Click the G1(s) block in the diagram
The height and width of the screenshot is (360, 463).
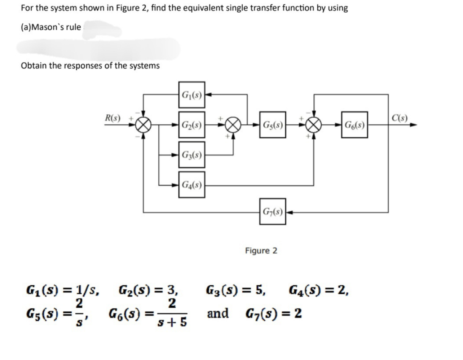(x=191, y=95)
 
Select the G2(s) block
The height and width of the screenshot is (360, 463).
(x=191, y=125)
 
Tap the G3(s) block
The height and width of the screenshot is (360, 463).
(x=191, y=155)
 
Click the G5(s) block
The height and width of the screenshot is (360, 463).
(x=272, y=125)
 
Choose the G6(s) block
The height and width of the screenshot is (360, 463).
(x=354, y=125)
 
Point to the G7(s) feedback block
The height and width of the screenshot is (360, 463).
(x=272, y=211)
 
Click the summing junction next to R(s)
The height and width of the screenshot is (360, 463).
(x=144, y=126)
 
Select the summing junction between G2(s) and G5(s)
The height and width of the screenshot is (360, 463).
(x=233, y=126)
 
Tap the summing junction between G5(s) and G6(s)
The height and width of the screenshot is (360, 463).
(x=313, y=126)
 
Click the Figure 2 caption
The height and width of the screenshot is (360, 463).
(x=261, y=251)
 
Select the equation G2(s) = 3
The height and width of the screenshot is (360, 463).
(x=148, y=290)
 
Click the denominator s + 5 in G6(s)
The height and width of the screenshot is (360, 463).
(x=173, y=322)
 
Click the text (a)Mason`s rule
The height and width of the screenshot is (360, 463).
(x=51, y=27)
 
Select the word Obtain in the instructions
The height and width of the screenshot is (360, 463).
(x=33, y=66)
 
